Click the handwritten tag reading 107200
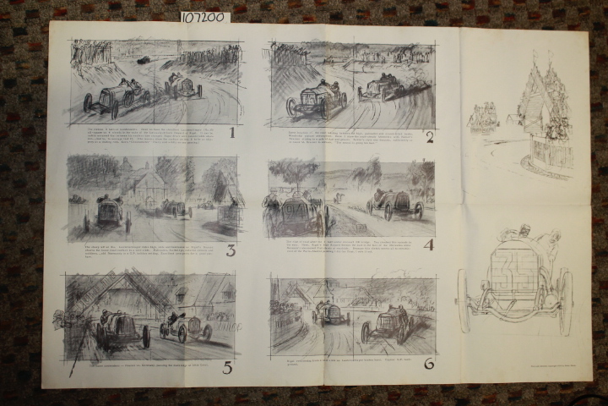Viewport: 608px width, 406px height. click(x=203, y=17)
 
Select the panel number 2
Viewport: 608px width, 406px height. click(x=429, y=137)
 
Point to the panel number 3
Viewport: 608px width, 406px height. click(x=230, y=250)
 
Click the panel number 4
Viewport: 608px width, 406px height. click(x=428, y=246)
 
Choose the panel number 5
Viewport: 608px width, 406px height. click(x=227, y=367)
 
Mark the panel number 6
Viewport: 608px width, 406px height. click(x=428, y=364)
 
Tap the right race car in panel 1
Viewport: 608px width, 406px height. click(x=183, y=85)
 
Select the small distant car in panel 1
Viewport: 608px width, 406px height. click(x=143, y=59)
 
